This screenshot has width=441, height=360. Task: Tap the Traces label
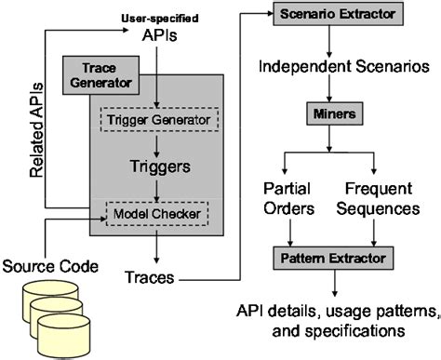147,276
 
